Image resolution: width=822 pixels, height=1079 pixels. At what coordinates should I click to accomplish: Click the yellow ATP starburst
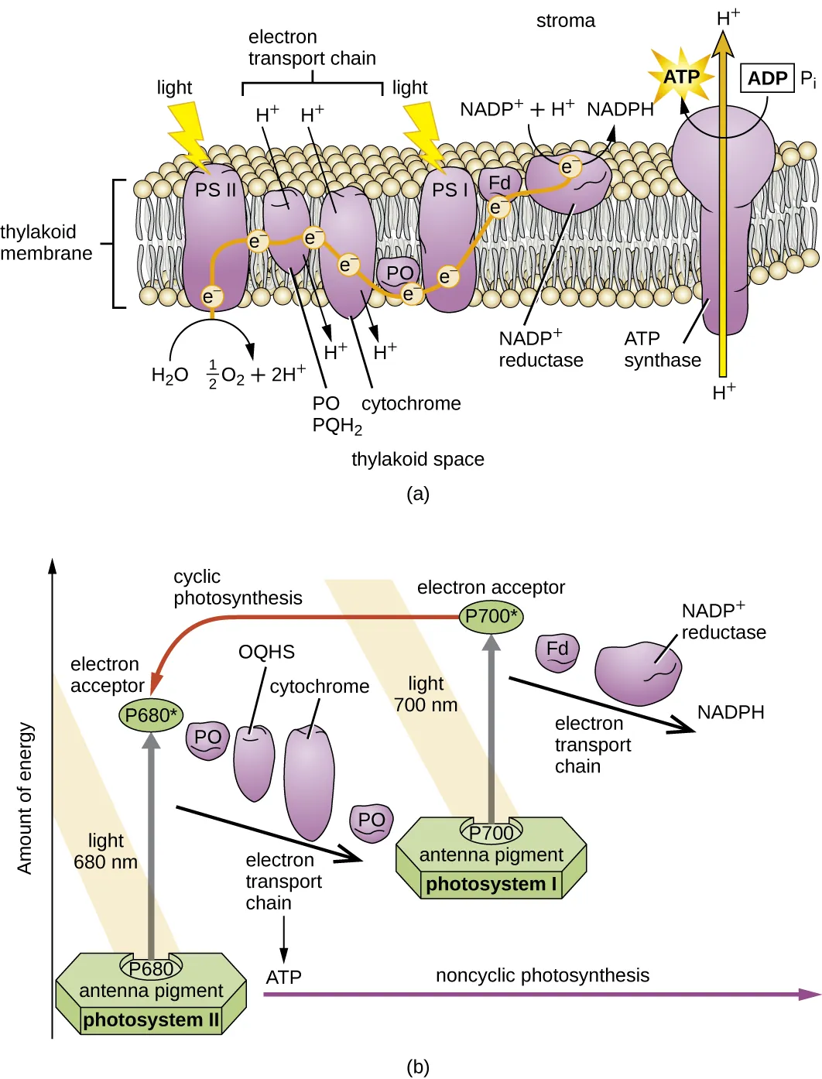click(681, 77)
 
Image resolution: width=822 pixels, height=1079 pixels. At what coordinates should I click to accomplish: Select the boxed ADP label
click(767, 78)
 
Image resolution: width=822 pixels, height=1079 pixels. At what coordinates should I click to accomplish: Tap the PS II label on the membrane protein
click(215, 190)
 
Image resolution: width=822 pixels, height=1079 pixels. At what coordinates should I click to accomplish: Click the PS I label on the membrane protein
click(450, 190)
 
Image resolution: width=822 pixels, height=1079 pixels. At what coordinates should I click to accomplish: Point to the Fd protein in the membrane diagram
click(499, 183)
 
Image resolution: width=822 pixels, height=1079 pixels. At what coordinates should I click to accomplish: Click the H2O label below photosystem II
click(170, 375)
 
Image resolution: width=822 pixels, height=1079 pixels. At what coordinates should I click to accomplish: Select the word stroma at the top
click(566, 21)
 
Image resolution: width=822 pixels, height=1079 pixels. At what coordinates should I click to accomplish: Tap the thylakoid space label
click(418, 459)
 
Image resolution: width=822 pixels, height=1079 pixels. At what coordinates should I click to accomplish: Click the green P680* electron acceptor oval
click(151, 715)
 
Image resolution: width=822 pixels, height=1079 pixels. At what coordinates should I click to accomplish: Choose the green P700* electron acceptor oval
click(491, 616)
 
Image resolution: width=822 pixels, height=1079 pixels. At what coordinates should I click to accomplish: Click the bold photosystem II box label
click(151, 1020)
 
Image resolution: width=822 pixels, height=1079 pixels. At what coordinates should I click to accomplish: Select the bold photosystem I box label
click(491, 884)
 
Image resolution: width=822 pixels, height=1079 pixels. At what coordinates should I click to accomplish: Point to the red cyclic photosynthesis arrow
click(310, 618)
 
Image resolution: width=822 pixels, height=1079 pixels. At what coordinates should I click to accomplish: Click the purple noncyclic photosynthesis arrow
click(542, 995)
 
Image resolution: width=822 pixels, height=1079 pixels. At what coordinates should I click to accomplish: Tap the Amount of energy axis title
click(25, 798)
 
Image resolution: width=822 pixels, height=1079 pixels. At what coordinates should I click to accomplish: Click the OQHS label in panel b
click(266, 652)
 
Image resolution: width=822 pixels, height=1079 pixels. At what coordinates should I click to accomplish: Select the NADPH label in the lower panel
click(731, 712)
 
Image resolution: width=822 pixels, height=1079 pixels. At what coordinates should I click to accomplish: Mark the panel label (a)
click(418, 494)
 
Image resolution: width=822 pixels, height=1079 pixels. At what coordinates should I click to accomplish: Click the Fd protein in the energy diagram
click(557, 650)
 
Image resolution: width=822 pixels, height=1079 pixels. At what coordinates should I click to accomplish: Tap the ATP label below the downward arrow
click(283, 978)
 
